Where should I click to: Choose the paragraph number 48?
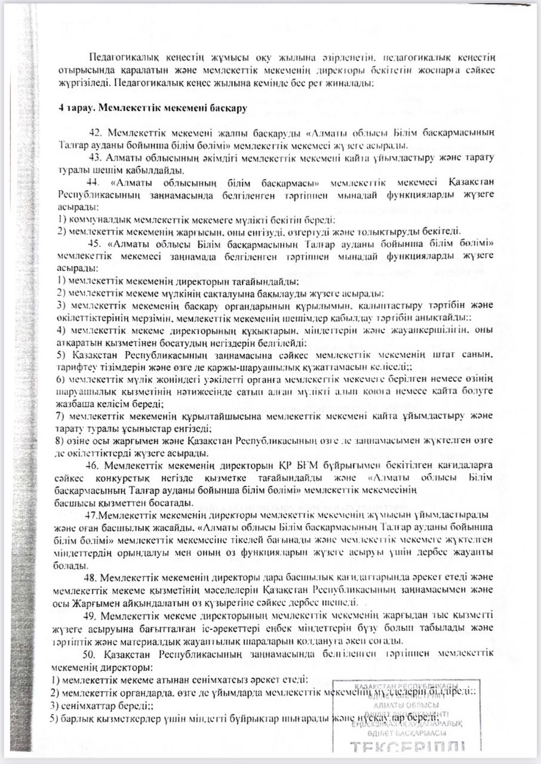tap(93, 578)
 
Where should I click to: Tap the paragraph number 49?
tap(93, 615)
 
